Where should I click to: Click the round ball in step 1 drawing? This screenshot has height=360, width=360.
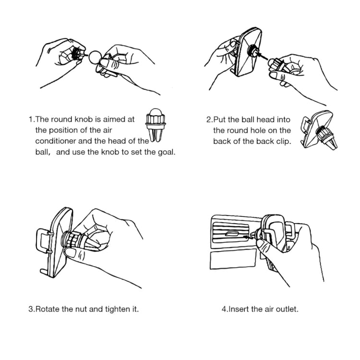[x=95, y=57]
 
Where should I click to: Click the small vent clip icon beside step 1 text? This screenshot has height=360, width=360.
[x=156, y=125]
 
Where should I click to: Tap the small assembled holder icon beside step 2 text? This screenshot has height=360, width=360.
[x=319, y=130]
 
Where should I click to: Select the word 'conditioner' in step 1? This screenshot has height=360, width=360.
[x=55, y=141]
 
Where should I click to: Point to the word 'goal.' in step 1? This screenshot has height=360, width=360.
[x=167, y=152]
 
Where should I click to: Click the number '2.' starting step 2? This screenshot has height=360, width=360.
[x=209, y=120]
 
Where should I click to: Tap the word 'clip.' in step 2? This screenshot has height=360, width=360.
[x=284, y=142]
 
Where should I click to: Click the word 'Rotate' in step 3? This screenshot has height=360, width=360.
[x=47, y=309]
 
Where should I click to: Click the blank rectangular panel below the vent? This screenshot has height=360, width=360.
[x=233, y=259]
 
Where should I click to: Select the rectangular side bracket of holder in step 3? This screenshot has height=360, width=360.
[x=44, y=241]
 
